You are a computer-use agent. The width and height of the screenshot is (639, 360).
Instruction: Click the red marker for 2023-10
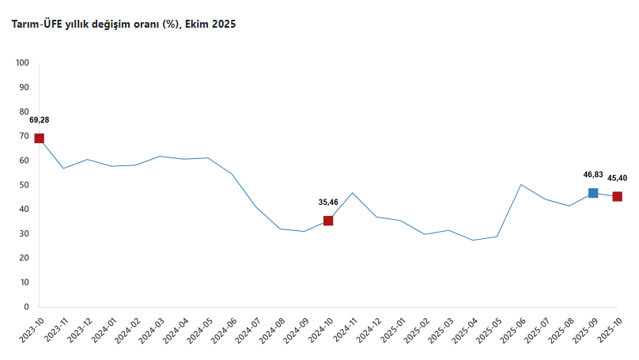(39, 138)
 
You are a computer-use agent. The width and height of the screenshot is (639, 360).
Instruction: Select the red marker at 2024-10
(328, 221)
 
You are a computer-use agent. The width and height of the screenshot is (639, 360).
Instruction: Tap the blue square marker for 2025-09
(593, 193)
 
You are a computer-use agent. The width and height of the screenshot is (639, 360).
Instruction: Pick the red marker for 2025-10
(617, 196)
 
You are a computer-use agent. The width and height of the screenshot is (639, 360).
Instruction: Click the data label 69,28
(39, 120)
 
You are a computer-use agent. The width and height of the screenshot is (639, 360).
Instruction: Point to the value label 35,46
(328, 203)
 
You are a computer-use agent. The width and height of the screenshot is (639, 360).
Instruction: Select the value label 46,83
(593, 174)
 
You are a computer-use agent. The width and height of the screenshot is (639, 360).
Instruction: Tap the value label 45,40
(617, 178)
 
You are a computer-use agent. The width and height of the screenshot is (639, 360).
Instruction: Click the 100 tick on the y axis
(22, 63)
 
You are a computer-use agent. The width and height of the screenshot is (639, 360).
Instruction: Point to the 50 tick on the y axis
(24, 185)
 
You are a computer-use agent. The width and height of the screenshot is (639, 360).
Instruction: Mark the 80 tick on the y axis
(24, 112)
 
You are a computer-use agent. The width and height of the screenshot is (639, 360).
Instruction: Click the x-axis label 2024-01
(104, 329)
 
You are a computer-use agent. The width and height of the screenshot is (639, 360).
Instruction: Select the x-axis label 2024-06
(225, 329)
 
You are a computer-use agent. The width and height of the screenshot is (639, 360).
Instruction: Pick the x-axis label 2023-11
(56, 329)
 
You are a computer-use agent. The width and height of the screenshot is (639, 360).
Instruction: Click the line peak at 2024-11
(353, 193)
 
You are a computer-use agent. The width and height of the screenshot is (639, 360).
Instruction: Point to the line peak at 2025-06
(521, 184)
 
